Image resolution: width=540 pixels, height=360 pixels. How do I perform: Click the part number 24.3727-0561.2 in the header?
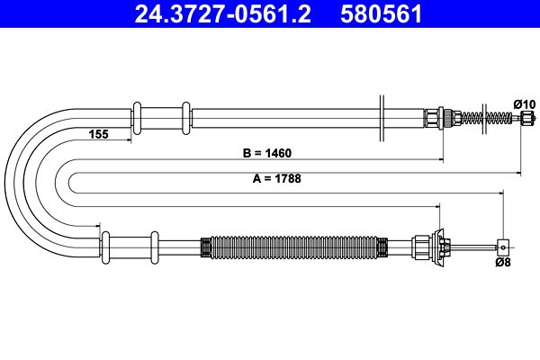pyautogui.click(x=222, y=14)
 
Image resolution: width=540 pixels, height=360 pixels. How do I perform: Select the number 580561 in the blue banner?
pyautogui.click(x=382, y=14)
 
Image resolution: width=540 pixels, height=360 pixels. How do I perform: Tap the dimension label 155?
pyautogui.click(x=98, y=134)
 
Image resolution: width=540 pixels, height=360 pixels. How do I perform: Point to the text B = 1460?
pyautogui.click(x=267, y=153)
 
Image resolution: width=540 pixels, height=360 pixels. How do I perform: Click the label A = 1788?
pyautogui.click(x=277, y=178)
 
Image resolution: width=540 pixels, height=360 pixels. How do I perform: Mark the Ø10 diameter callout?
pyautogui.click(x=525, y=104)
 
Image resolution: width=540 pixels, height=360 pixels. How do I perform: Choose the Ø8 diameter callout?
pyautogui.click(x=503, y=262)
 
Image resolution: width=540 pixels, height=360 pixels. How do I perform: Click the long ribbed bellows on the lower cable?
pyautogui.click(x=294, y=247)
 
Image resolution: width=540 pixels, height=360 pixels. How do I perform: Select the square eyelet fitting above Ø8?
pyautogui.click(x=503, y=247)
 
